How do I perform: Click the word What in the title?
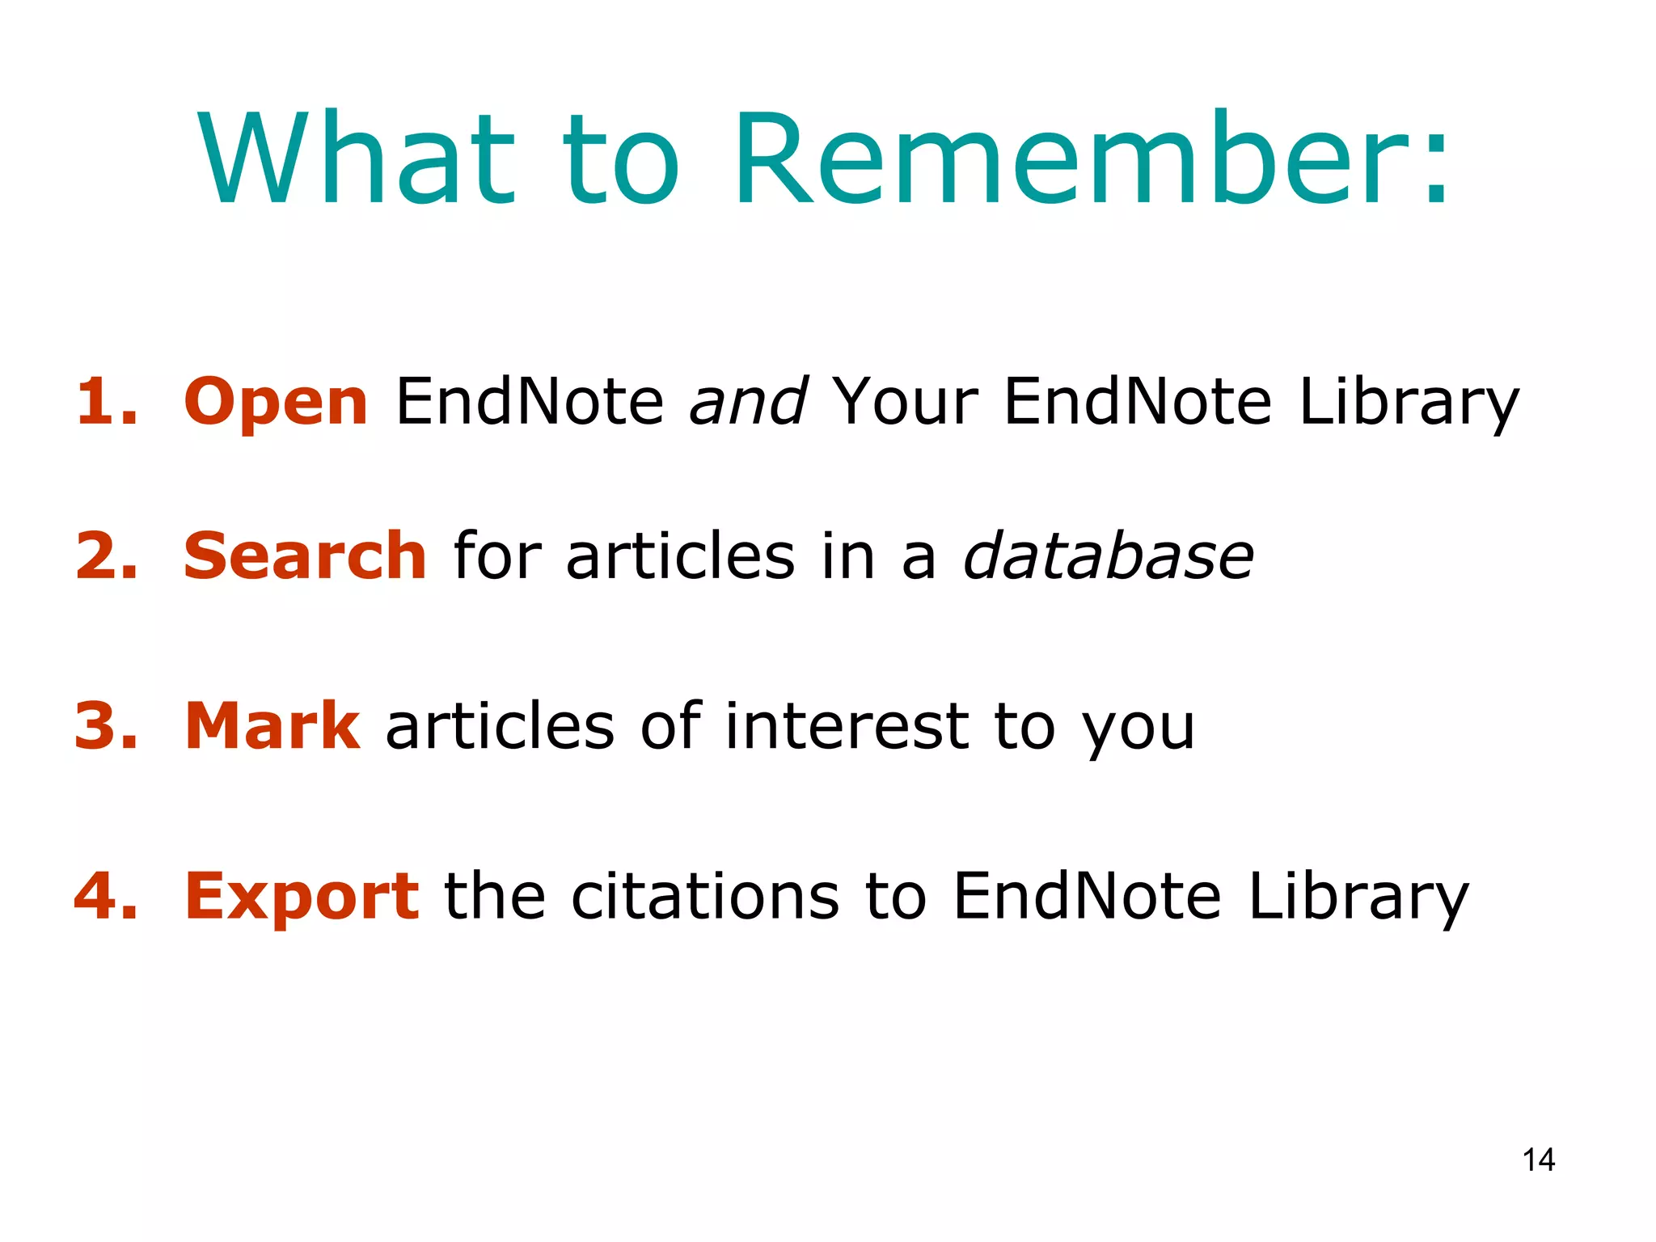pos(356,160)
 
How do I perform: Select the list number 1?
pos(105,401)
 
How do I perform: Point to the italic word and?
pos(748,401)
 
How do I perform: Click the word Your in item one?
pos(906,401)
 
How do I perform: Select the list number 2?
pos(105,556)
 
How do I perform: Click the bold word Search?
pos(305,556)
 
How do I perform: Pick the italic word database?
pos(1108,556)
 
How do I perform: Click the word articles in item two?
pos(680,556)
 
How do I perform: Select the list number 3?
pos(105,726)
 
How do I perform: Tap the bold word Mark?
pos(272,726)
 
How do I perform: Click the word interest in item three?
pos(846,726)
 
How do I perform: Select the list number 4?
pos(105,896)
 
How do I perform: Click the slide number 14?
pos(1538,1160)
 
